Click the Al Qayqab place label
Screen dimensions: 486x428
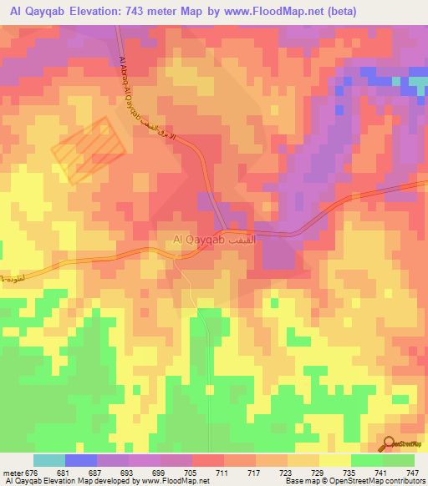(x=199, y=240)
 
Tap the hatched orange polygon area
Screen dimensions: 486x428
(x=89, y=149)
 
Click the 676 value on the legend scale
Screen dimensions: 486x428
(x=32, y=473)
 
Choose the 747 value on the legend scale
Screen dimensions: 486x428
(x=411, y=473)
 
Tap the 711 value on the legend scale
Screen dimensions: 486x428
(x=222, y=473)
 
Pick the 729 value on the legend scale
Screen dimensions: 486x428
(x=317, y=473)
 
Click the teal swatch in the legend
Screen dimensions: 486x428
(x=49, y=460)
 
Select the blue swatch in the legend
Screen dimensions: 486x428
(x=81, y=460)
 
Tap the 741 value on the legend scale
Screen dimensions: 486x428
(x=380, y=473)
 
